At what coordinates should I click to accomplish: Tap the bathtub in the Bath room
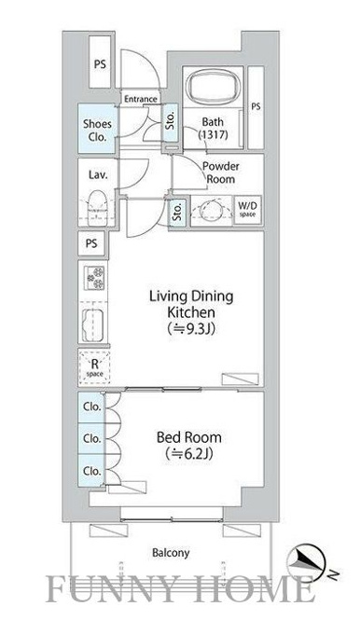pyautogui.click(x=213, y=87)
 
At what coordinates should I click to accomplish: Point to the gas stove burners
pyautogui.click(x=94, y=278)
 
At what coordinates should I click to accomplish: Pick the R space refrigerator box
pyautogui.click(x=94, y=367)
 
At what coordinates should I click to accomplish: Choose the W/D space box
pyautogui.click(x=247, y=210)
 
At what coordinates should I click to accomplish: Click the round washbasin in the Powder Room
pyautogui.click(x=212, y=210)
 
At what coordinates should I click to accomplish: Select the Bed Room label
pyautogui.click(x=189, y=437)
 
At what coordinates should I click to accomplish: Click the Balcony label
pyautogui.click(x=171, y=552)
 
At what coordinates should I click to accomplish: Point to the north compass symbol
pyautogui.click(x=306, y=561)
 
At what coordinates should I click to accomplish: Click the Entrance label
pyautogui.click(x=140, y=99)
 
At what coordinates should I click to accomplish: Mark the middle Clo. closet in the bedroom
pyautogui.click(x=91, y=438)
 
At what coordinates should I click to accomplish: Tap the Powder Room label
pyautogui.click(x=220, y=172)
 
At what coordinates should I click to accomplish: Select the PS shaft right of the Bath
pyautogui.click(x=256, y=107)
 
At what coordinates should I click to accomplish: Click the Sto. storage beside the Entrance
pyautogui.click(x=171, y=122)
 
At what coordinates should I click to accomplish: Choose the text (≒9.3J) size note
pyautogui.click(x=191, y=329)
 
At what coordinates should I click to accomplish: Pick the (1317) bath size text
pyautogui.click(x=213, y=134)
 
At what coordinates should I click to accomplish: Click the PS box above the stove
pyautogui.click(x=91, y=243)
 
